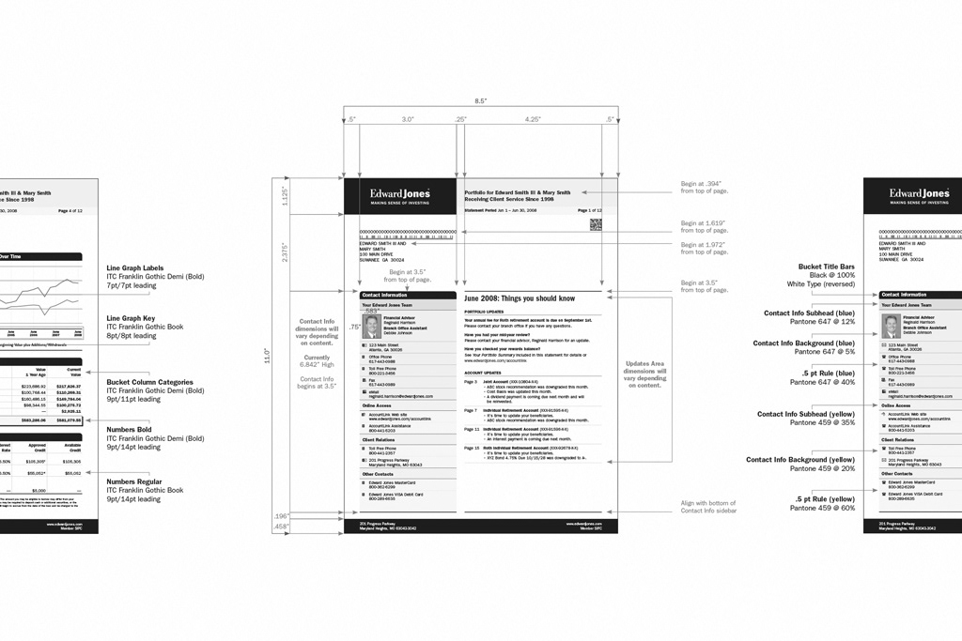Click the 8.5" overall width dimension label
(x=480, y=100)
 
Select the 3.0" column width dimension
(x=408, y=120)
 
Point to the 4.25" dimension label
(x=533, y=120)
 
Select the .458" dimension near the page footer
(x=282, y=527)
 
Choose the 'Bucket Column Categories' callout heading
(x=149, y=382)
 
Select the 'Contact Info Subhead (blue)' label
(x=809, y=313)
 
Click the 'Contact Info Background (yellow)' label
(x=800, y=460)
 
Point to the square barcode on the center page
(x=595, y=224)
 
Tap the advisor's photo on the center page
(x=371, y=326)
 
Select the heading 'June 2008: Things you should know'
(x=520, y=298)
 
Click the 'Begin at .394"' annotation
(x=704, y=184)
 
